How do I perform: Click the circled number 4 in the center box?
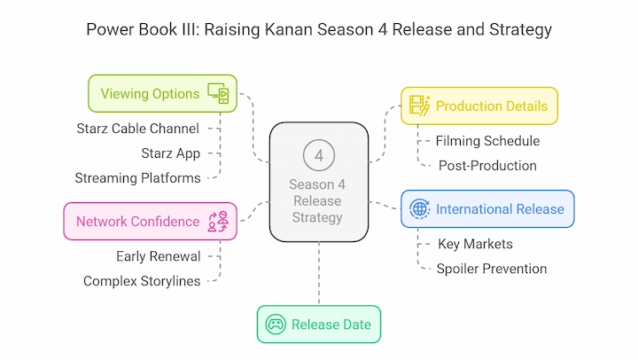point(319,155)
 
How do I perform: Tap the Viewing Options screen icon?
point(218,93)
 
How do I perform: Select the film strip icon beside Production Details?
point(420,106)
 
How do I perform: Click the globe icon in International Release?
point(419,209)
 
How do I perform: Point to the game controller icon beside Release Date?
point(276,325)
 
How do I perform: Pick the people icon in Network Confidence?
point(218,222)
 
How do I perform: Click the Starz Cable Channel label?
point(138,129)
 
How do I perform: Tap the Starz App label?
point(171,153)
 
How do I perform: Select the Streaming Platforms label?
point(138,178)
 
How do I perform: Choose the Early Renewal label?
point(159,256)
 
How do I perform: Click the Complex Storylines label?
point(142,281)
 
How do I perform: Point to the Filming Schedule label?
point(488,141)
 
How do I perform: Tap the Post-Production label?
point(487,166)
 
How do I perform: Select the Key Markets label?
point(475,244)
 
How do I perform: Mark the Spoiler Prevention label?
point(492,269)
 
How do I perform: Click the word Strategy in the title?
point(520,30)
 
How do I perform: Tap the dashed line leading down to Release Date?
point(319,273)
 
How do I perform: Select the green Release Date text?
point(331,325)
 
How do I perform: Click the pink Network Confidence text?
point(138,222)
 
